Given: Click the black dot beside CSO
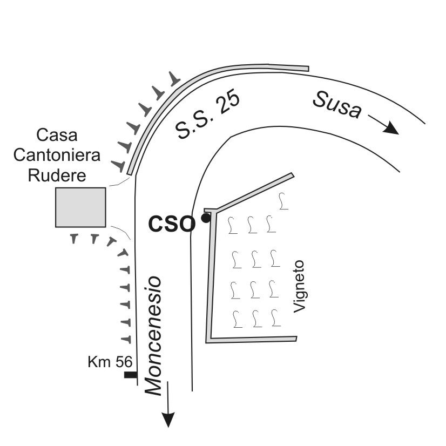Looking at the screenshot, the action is tap(206, 218).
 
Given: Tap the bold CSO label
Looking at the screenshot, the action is tap(172, 224).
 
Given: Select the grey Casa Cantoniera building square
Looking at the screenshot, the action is tap(80, 207).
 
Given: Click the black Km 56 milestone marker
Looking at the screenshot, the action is tap(131, 375).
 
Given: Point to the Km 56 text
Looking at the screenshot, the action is tap(110, 362).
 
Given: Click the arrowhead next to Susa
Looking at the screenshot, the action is tap(391, 128).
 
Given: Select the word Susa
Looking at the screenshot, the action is tap(337, 104).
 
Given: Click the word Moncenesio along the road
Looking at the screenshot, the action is tap(153, 336).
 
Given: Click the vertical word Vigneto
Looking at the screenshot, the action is tap(299, 286).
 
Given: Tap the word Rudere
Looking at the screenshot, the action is tap(57, 175).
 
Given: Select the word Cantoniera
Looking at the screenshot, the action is tap(57, 155).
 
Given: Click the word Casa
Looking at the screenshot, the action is tap(57, 135).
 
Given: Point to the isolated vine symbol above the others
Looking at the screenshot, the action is tap(282, 201).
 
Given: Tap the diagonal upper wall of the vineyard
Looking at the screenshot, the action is tap(254, 192).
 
